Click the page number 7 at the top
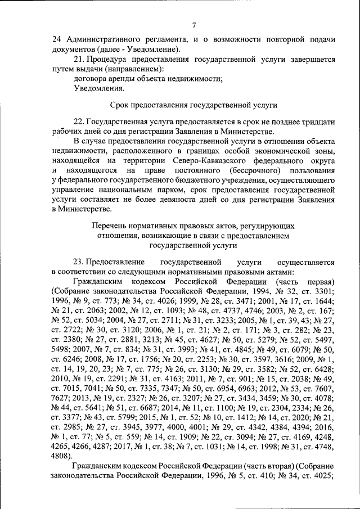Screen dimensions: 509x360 pyautogui.click(x=193, y=25)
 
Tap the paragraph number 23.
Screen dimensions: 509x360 pyautogui.click(x=79, y=262)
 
